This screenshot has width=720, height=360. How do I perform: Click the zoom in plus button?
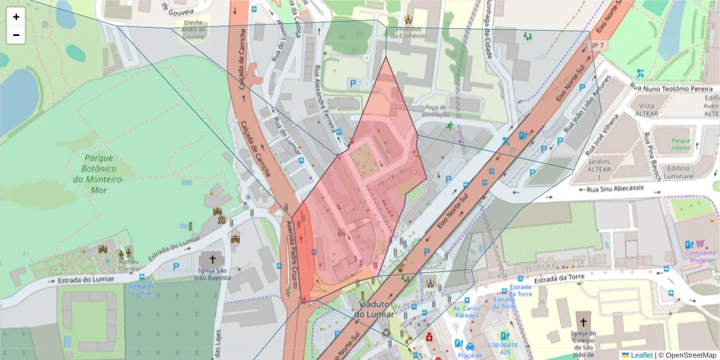click(x=16, y=17)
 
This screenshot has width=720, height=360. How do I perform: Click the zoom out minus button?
click(x=16, y=35)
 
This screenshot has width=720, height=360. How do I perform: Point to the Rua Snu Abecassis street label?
click(x=616, y=188)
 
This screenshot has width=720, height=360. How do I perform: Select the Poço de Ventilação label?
click(x=436, y=111)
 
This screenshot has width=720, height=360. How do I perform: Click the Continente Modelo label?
click(x=700, y=256)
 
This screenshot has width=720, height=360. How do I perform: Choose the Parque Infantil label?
click(x=682, y=144)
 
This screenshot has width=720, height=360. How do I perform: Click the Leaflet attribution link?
click(x=641, y=355)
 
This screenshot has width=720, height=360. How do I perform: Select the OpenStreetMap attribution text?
click(x=688, y=355)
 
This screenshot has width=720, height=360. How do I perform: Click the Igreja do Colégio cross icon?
click(x=583, y=322)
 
